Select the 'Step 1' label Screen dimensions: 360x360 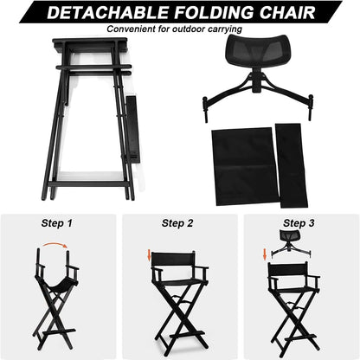click(x=58, y=222)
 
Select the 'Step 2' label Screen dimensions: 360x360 click(x=178, y=222)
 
